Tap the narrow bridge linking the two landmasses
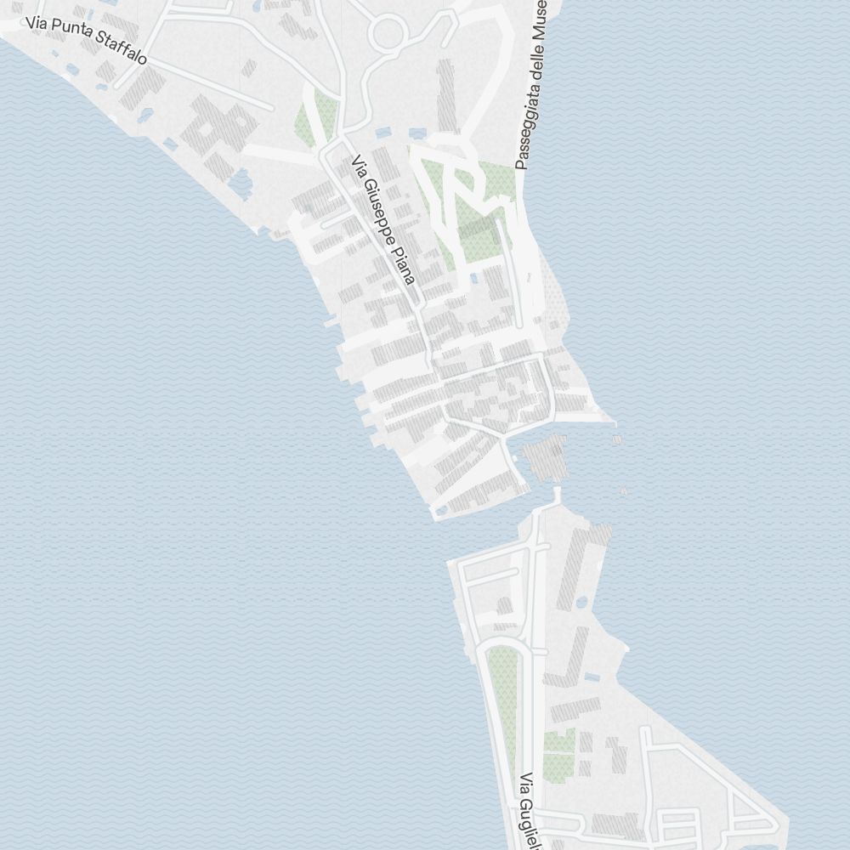click(558, 495)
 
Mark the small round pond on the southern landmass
click(582, 602)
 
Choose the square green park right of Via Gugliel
click(558, 756)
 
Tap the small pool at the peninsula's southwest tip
click(441, 511)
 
